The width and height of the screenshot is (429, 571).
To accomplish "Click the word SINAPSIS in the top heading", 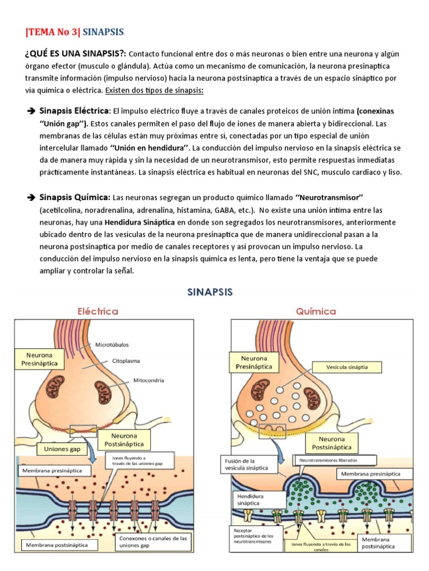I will (x=103, y=32).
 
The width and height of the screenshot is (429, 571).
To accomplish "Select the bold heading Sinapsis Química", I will (x=74, y=197).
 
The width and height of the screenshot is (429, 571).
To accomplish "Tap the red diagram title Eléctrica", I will (x=98, y=311).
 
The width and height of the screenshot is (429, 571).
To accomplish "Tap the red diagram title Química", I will (x=317, y=311).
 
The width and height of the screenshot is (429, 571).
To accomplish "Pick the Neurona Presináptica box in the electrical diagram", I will (x=40, y=359).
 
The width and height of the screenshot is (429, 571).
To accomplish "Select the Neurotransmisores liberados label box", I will (x=328, y=461).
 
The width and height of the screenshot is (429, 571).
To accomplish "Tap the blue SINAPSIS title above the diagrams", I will (x=209, y=291).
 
